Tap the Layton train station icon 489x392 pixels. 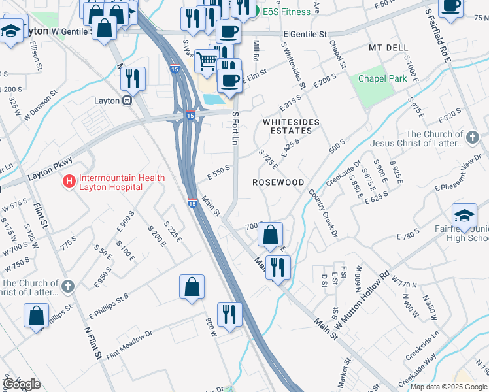[127, 101]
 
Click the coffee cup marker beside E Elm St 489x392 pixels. [229, 81]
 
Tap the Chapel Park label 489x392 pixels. [382, 79]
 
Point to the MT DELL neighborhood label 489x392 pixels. [388, 48]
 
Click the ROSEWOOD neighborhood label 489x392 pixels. [279, 182]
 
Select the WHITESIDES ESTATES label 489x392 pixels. [290, 126]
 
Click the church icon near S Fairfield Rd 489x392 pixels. [473, 137]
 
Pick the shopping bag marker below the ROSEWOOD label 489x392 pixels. [270, 235]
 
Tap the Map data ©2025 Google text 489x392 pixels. [448, 386]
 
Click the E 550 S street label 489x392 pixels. [219, 171]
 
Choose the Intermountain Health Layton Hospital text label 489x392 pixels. [110, 182]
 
